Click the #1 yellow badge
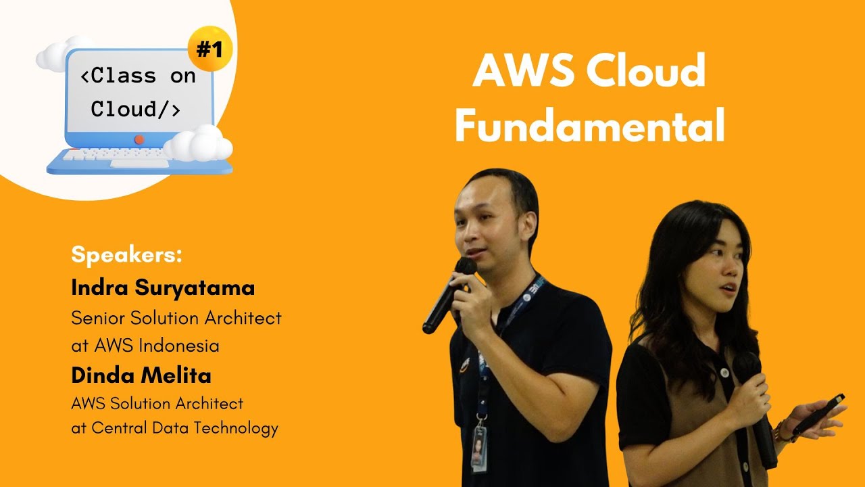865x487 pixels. [x=209, y=49]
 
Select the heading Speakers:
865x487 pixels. [x=126, y=256]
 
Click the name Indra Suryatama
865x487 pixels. [x=163, y=287]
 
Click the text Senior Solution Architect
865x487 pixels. [x=176, y=318]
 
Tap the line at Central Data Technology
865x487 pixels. [x=174, y=427]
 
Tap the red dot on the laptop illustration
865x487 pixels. [x=139, y=139]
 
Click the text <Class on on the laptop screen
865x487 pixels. [x=138, y=76]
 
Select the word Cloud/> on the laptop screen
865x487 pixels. [x=135, y=109]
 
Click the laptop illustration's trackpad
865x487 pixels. [x=139, y=163]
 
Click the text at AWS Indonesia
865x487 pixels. [x=145, y=346]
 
